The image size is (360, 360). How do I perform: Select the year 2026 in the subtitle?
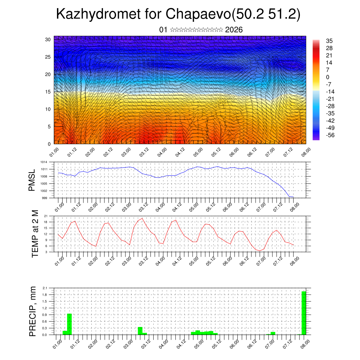(x=234, y=30)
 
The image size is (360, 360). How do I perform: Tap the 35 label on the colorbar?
(x=329, y=41)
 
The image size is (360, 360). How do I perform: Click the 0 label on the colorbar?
(x=328, y=77)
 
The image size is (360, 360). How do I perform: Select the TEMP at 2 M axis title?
(x=35, y=234)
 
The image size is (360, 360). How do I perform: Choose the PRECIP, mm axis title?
(x=33, y=311)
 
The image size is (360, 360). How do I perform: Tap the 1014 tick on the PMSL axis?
(x=44, y=162)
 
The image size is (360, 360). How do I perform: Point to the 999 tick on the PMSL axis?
(x=45, y=198)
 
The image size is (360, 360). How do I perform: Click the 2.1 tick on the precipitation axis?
(x=45, y=288)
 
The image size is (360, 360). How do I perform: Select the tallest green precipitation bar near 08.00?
(x=304, y=313)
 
